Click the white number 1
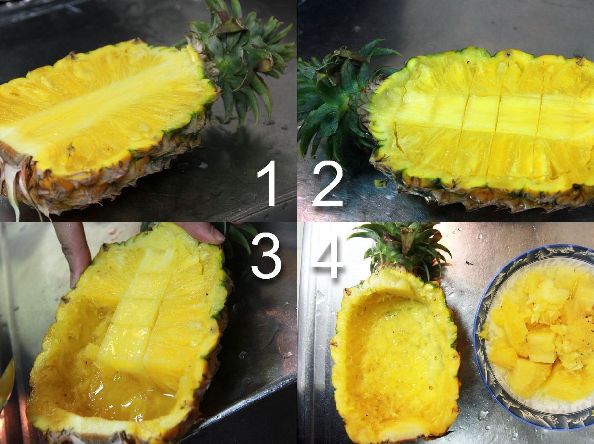pos(266,183)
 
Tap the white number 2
pos(328,183)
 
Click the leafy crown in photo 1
pos(238,54)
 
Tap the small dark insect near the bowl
pos(469,263)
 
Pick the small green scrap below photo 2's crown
pos(381,183)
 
